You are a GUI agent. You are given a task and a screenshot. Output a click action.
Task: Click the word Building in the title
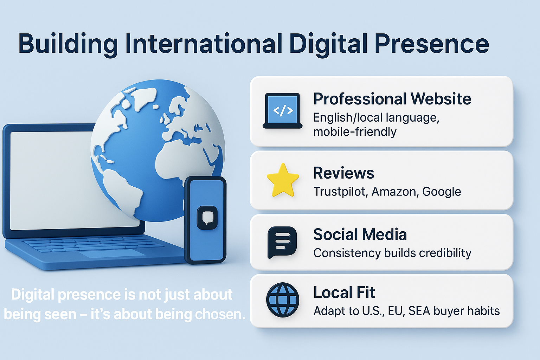click(68, 44)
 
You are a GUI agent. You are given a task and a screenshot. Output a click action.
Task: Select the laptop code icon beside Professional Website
click(283, 111)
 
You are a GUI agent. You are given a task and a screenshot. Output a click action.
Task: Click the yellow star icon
click(283, 180)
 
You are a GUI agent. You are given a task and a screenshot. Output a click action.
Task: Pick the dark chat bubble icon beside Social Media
click(282, 242)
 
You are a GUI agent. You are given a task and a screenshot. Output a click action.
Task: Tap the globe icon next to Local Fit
click(283, 300)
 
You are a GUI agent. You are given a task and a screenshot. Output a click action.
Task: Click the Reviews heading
click(343, 173)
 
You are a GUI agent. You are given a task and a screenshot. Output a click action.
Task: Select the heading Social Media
click(360, 234)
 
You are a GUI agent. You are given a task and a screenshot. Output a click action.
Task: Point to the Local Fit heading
click(344, 292)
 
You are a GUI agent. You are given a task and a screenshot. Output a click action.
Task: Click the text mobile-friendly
click(355, 132)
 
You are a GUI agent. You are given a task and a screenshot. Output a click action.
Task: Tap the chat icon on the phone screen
click(207, 218)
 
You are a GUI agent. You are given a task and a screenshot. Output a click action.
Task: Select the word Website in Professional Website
click(441, 99)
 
